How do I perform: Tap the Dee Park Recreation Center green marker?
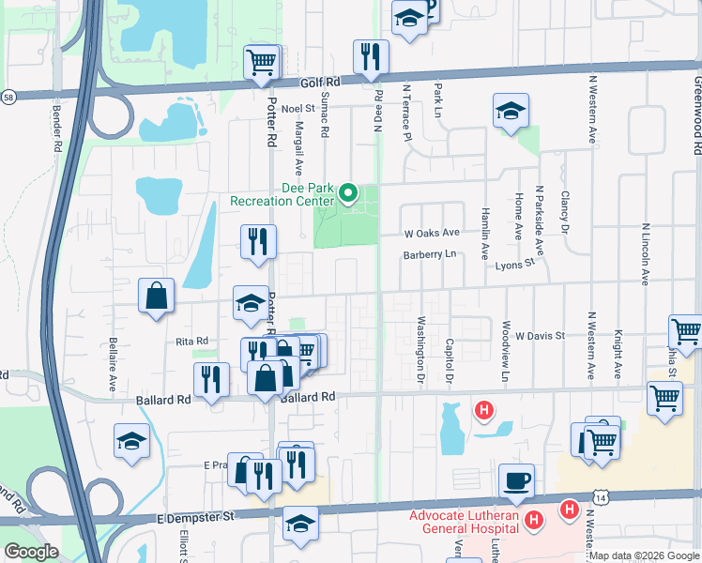pos(348,193)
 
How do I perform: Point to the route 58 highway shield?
pos(8,97)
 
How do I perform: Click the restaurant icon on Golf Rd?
pos(371,57)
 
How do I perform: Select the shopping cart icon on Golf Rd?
pos(262,63)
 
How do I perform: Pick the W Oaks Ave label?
pos(432,232)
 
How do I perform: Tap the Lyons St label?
pos(514,266)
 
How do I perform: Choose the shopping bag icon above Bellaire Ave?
pos(156,296)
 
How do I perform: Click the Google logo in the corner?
pos(31,551)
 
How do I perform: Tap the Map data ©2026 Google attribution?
pos(644,555)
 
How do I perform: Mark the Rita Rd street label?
pos(191,342)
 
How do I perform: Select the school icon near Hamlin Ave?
pos(510,112)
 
